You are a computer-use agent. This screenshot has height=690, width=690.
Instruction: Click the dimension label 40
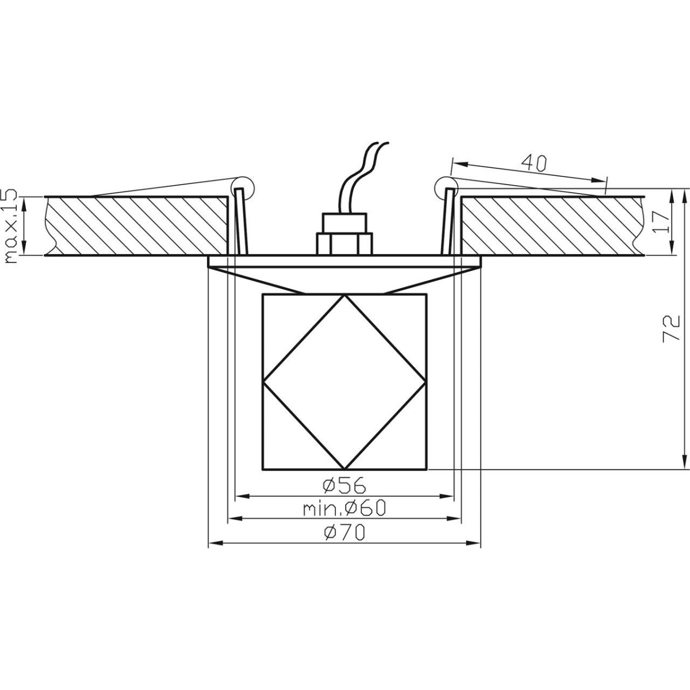(x=533, y=163)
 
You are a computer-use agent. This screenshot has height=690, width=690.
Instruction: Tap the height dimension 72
(x=672, y=329)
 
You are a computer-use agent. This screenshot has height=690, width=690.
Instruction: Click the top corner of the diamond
(x=344, y=296)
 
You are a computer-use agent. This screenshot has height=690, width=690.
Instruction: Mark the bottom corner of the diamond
(x=344, y=468)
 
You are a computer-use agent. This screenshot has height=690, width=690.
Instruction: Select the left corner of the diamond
(x=264, y=382)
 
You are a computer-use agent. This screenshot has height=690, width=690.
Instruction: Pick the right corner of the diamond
(x=425, y=382)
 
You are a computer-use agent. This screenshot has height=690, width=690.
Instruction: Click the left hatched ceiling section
(x=138, y=225)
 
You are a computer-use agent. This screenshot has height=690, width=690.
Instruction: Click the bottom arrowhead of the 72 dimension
(x=683, y=463)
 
